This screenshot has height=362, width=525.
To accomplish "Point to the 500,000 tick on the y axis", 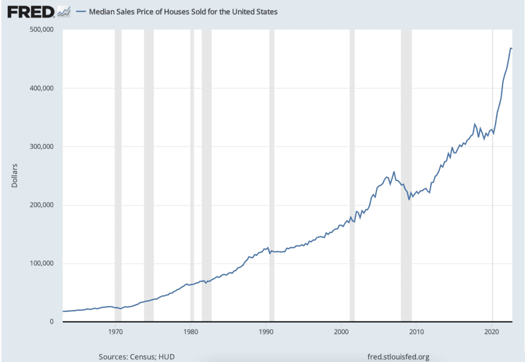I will (42, 30).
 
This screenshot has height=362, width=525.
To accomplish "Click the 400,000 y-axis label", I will (42, 88).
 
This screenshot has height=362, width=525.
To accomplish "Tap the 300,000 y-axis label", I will (42, 146).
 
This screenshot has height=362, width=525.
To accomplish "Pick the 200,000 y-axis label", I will (42, 205).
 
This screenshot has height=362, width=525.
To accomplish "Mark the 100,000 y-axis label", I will (42, 263).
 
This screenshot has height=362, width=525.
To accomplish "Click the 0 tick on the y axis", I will (52, 322).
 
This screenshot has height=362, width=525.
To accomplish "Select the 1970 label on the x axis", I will (115, 331).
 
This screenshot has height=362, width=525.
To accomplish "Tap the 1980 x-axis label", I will (191, 331).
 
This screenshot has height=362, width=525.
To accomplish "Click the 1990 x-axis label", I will (266, 331).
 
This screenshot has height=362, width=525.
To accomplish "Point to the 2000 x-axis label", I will (341, 331).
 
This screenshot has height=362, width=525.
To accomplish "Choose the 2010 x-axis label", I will (417, 331).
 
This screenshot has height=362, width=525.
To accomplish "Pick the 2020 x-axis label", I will (492, 331).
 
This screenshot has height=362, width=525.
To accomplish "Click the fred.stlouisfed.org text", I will (399, 356).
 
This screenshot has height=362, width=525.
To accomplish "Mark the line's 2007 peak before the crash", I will (394, 172).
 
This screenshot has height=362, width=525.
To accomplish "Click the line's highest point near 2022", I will (511, 48).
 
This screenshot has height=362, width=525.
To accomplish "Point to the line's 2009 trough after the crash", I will (409, 199).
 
